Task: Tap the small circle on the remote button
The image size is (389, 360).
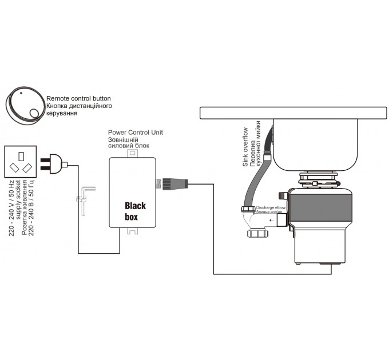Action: tap(34, 114)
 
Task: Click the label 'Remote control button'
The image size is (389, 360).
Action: tap(78, 98)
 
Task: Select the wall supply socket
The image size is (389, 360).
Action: tap(21, 162)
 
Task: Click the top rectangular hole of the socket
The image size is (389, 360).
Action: tap(21, 156)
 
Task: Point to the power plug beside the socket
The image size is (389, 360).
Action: tap(54, 164)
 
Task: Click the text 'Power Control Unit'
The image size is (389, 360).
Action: tap(136, 133)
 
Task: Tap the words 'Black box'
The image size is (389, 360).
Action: tap(135, 211)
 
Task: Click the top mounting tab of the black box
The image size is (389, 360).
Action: tap(133, 153)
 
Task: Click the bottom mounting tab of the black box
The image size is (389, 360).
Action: tap(133, 231)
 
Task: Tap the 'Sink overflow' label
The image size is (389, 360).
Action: tap(245, 147)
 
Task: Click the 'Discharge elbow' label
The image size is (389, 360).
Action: tap(271, 207)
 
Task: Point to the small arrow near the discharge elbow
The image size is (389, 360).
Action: tap(272, 220)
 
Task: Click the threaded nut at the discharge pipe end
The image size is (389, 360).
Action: tap(258, 233)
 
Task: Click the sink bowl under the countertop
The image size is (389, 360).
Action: tap(315, 145)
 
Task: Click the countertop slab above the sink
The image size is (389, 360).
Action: tap(293, 113)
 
